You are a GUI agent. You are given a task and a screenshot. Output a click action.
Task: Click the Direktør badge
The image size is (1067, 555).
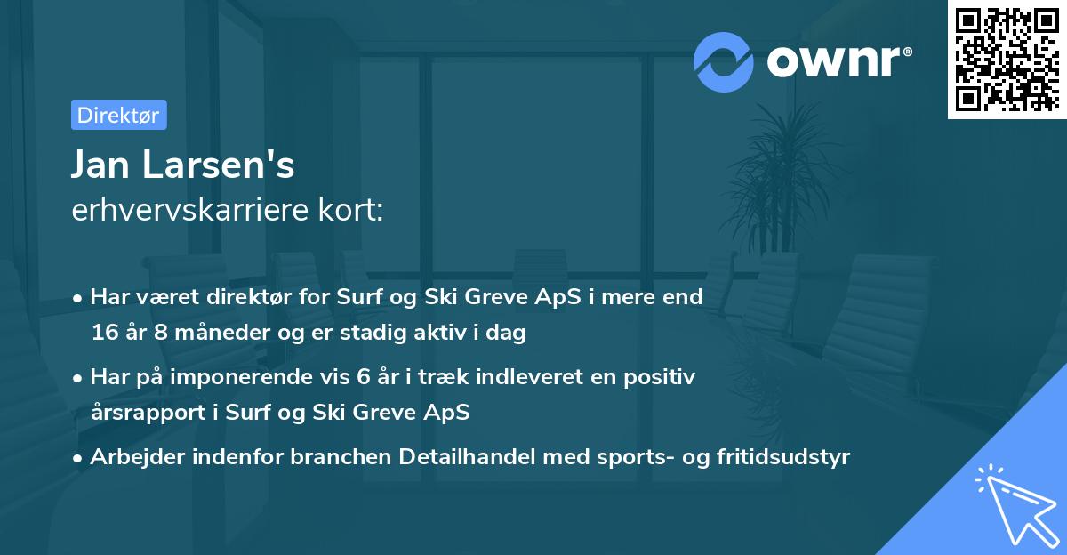pyautogui.click(x=118, y=115)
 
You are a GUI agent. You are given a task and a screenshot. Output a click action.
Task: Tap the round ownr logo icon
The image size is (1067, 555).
pyautogui.click(x=724, y=61)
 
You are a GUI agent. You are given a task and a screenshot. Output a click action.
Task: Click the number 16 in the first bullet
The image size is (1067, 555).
pyautogui.click(x=103, y=334)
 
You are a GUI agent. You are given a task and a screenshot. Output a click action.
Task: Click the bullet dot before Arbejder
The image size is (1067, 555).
pyautogui.click(x=78, y=458)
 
